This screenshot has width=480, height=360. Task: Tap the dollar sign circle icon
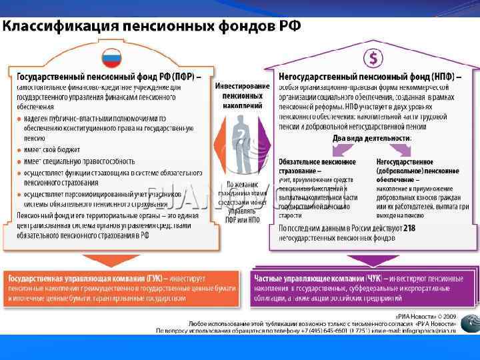373,57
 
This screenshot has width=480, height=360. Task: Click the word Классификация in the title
61,27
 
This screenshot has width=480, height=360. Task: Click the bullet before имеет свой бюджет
19,150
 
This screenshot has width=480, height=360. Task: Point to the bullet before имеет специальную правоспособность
19,161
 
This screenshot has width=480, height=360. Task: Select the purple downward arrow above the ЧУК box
371,260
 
